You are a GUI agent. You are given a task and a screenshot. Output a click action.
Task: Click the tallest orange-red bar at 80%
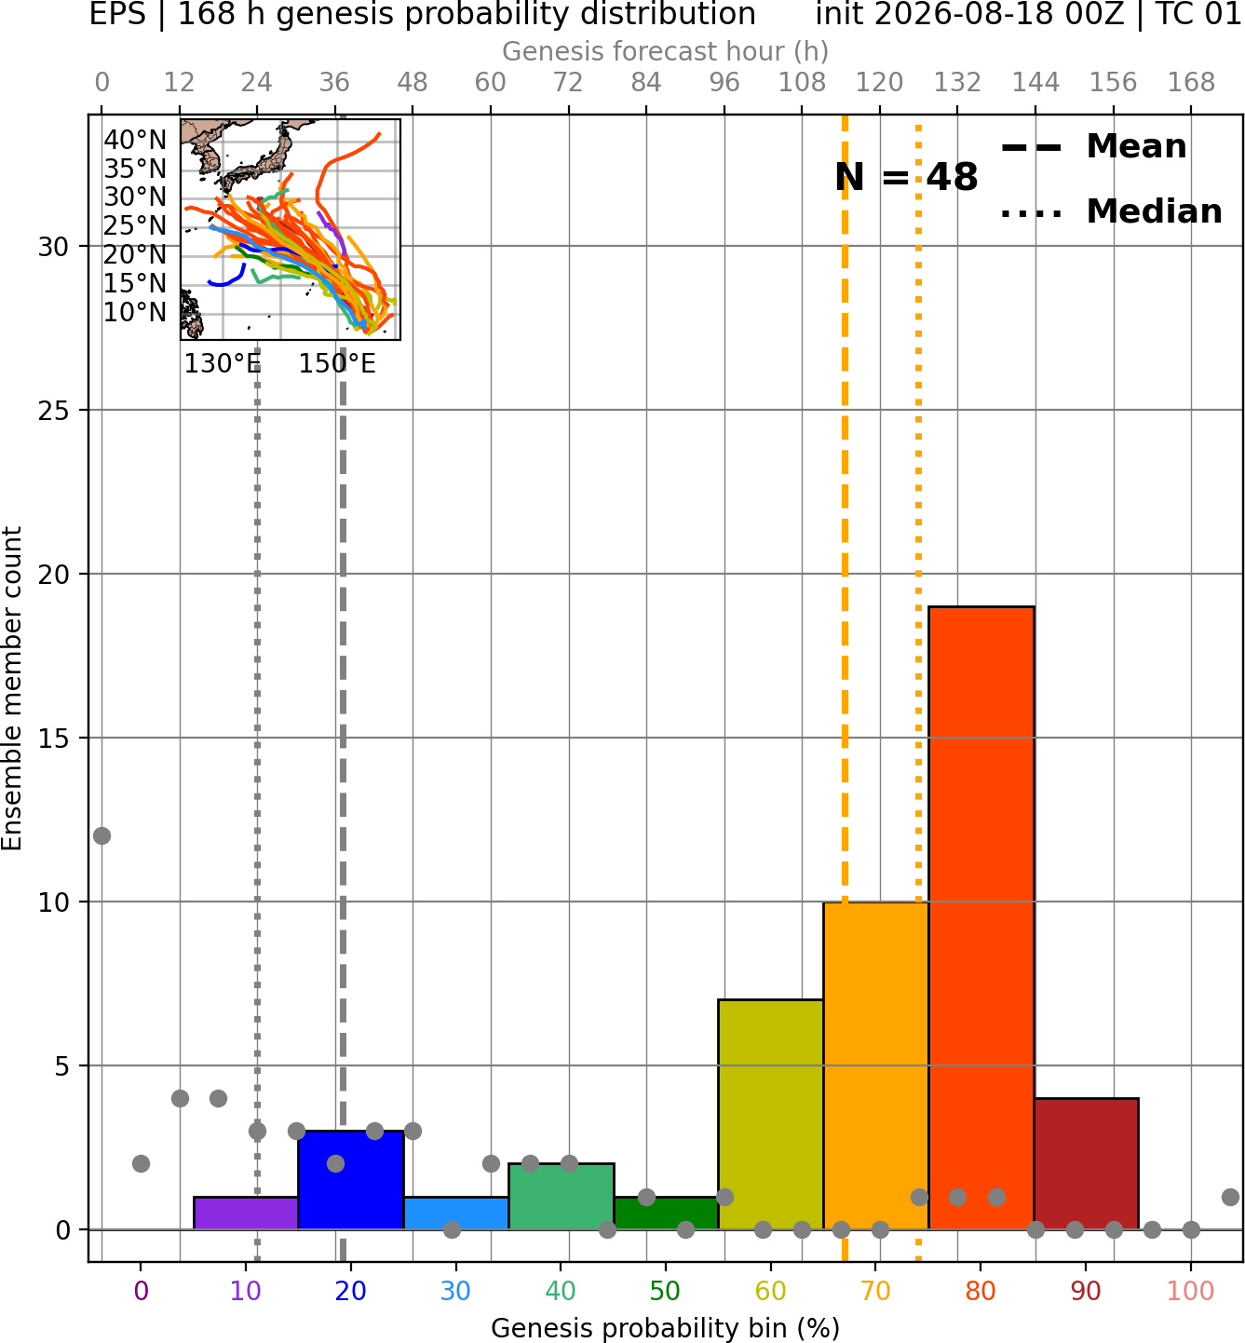pos(981,917)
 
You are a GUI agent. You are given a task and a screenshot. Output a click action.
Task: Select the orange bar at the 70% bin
pos(875,1065)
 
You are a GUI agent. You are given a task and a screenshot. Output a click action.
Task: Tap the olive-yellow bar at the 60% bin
pos(771,1115)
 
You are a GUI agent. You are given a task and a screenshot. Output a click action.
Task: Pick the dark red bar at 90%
pos(1087,1164)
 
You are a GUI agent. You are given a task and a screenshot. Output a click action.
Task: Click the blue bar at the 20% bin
pos(351,1180)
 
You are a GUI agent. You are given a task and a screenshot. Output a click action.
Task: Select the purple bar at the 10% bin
pos(246,1214)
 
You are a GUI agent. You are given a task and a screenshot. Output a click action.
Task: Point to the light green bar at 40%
pos(562,1196)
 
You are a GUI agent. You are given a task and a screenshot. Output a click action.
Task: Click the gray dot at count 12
pos(102,835)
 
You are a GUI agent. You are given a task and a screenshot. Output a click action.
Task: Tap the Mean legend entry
pos(1094,147)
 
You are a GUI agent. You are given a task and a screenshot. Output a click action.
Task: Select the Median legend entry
pos(1112,211)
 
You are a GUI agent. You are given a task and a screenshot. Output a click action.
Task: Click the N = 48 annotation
pos(906,177)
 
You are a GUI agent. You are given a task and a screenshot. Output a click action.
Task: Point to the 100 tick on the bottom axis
pos(1191,1291)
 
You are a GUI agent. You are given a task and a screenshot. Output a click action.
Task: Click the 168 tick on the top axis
pos(1191,83)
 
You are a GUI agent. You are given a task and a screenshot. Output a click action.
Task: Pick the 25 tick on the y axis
pos(53,411)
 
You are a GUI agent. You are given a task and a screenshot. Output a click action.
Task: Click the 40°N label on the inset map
pos(135,140)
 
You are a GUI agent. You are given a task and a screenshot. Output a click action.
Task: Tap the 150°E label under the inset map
pos(337,364)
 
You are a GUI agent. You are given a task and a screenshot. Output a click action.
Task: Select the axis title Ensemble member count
pos(12,687)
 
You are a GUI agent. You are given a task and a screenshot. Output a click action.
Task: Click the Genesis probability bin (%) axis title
pos(666,1328)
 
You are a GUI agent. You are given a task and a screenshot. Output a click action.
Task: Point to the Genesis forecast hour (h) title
pos(666,51)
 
